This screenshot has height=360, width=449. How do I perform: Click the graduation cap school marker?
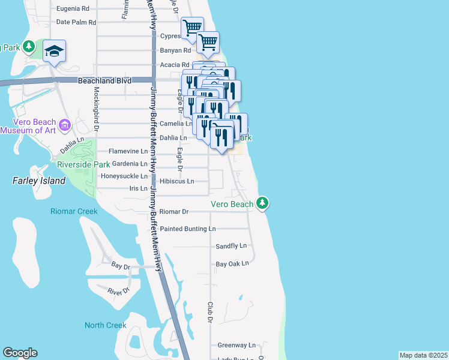[x=54, y=51]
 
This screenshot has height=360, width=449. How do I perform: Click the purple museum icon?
[x=65, y=125]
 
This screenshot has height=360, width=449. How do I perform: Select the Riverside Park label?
[x=83, y=164]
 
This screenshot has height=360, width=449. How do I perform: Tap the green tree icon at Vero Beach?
[x=262, y=203]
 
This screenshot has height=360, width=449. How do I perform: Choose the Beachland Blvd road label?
[x=100, y=80]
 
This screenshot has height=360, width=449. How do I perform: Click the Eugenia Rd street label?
[x=73, y=9]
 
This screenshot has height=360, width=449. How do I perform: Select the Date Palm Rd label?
[x=76, y=23]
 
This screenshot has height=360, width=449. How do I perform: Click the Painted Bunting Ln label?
[x=188, y=229]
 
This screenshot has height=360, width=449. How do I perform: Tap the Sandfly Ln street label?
[x=231, y=246]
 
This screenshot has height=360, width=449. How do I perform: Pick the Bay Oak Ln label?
[x=232, y=263]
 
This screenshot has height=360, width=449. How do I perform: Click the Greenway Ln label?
[x=237, y=345]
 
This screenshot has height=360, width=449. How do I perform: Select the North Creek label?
[x=106, y=325]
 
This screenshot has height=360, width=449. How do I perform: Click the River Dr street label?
[x=119, y=291]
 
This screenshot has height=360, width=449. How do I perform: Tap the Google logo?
[x=20, y=353]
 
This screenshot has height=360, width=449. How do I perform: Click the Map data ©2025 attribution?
[x=423, y=355]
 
